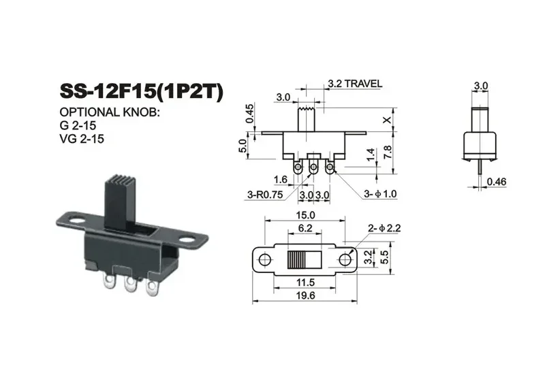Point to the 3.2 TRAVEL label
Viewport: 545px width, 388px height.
pos(354,84)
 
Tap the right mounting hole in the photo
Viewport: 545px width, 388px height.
pos(187,240)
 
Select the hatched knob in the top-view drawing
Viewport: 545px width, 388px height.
pos(298,259)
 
